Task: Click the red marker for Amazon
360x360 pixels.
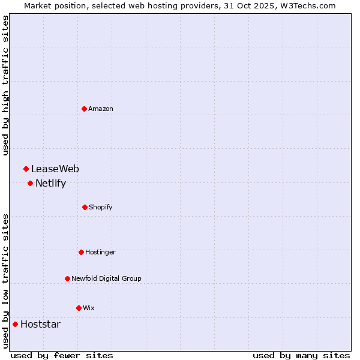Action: [x=84, y=109]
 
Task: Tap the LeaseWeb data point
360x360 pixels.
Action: [x=26, y=169]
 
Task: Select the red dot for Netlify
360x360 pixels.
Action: [x=30, y=183]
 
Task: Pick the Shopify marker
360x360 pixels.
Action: [x=85, y=207]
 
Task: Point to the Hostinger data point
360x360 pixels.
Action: [x=81, y=252]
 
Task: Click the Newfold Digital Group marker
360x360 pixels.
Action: [x=67, y=278]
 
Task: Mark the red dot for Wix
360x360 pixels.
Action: [x=79, y=308]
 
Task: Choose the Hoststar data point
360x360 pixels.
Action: [x=15, y=324]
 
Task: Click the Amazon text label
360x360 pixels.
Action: [x=101, y=109]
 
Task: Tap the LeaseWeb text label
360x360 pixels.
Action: [x=55, y=169]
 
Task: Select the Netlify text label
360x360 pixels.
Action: [x=50, y=184]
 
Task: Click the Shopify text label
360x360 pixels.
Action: [x=101, y=207]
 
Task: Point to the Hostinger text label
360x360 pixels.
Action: [x=100, y=252]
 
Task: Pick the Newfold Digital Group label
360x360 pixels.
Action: [x=106, y=278]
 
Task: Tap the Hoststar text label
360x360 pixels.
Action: [x=40, y=325]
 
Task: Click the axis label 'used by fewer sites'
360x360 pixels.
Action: [x=62, y=355]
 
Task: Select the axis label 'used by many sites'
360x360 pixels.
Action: [x=301, y=355]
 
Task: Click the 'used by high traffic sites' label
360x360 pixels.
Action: [x=5, y=85]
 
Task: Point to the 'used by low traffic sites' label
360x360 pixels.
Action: [x=5, y=281]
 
